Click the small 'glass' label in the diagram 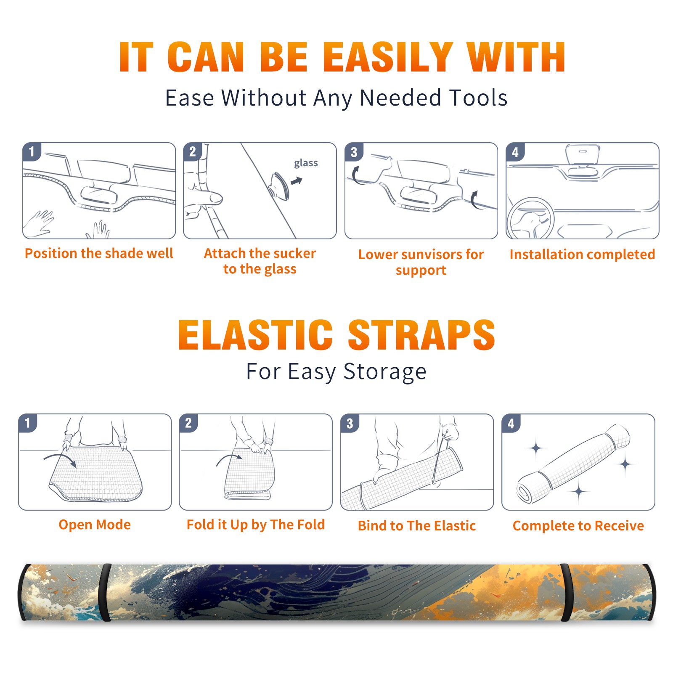[x=306, y=163]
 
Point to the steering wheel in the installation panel [x=530, y=218]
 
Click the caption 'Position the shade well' [x=99, y=253]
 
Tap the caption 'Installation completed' [x=582, y=254]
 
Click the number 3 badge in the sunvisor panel [x=354, y=152]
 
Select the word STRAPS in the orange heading [x=421, y=335]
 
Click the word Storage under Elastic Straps [x=385, y=372]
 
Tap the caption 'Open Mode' [x=95, y=525]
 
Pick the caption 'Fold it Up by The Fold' [x=256, y=525]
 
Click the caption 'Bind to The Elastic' [x=417, y=525]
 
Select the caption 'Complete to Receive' [x=578, y=526]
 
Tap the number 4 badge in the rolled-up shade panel [x=511, y=423]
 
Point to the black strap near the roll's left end [x=105, y=592]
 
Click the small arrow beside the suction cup [x=297, y=181]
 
